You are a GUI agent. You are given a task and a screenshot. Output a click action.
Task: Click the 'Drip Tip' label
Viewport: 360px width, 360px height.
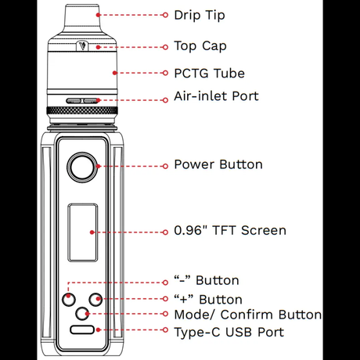[x=197, y=16]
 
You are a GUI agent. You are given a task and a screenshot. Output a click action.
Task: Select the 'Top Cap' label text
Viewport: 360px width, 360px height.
[x=200, y=46]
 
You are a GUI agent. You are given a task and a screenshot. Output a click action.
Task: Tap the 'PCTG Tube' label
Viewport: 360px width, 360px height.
[x=209, y=74]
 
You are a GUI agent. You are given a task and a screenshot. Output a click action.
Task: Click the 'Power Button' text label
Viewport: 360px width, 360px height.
[x=218, y=165]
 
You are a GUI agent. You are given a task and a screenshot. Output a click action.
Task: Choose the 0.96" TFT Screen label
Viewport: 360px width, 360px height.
[x=229, y=231]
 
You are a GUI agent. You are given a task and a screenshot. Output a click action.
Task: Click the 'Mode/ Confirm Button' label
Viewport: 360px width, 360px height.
[x=247, y=315]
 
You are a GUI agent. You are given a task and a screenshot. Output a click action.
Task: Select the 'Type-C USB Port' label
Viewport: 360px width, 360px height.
[x=229, y=333]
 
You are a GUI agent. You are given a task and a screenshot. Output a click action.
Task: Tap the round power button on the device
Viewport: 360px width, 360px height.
[x=81, y=166]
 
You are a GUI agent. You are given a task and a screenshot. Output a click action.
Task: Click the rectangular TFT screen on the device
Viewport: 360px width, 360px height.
[x=81, y=232]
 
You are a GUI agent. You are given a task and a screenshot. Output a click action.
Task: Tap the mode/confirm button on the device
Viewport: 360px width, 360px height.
[x=81, y=314]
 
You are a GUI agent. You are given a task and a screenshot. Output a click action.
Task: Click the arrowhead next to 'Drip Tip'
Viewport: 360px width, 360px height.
[x=166, y=16]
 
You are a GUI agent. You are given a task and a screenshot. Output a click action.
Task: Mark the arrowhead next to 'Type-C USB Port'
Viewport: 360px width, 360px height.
[x=166, y=333]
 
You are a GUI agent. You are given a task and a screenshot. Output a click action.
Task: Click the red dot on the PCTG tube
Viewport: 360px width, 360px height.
[x=98, y=74]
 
